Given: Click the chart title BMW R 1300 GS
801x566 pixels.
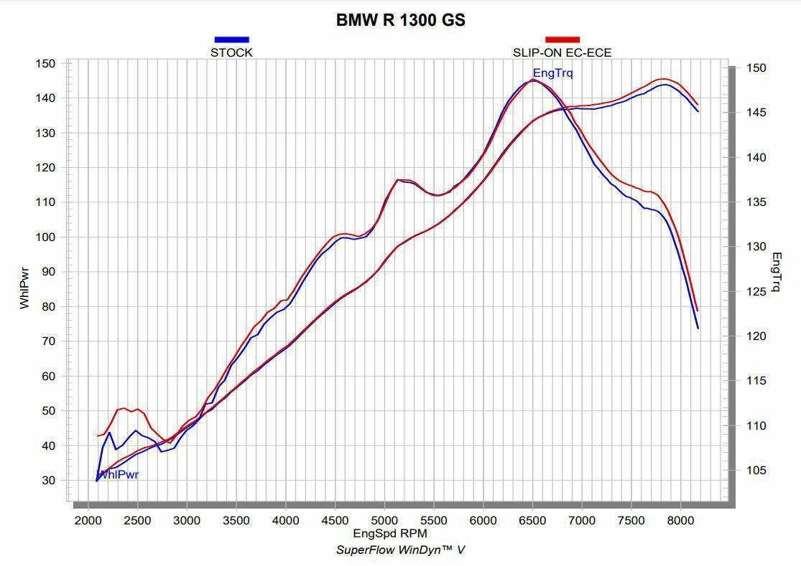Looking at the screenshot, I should point(400,20).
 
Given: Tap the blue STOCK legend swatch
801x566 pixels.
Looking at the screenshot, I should point(231,39).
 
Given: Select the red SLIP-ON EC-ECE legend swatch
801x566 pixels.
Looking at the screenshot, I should point(562,39).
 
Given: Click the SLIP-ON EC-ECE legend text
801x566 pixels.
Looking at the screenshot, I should point(562,52).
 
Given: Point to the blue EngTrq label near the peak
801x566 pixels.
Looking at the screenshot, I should point(552,72).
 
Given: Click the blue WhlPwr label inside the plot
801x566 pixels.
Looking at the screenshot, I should point(118,474).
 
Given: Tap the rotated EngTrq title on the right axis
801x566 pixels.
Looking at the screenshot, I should point(776,273).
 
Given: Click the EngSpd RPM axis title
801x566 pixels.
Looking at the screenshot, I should point(390,534).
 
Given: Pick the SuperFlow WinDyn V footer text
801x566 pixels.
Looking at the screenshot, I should point(400,550).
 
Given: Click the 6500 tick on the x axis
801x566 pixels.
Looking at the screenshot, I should point(532,520).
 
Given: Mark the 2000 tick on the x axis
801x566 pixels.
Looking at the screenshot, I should point(88,520).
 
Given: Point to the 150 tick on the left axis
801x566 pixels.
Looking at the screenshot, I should point(45,63).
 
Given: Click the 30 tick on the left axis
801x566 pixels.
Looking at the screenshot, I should point(47,480).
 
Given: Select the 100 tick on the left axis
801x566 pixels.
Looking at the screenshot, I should point(45,237).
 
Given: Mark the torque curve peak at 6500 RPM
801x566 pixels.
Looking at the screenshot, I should point(532,80).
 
